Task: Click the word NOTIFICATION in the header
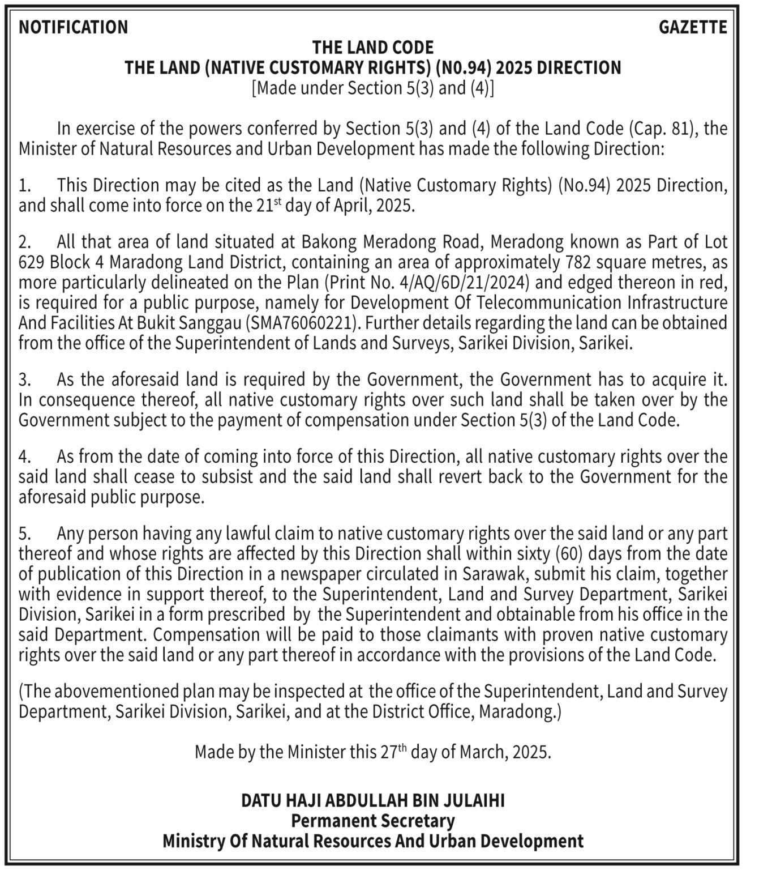pyautogui.click(x=74, y=27)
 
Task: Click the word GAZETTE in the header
pyautogui.click(x=692, y=27)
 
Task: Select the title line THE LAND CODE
pyautogui.click(x=373, y=47)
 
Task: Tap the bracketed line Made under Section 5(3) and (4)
pyautogui.click(x=373, y=88)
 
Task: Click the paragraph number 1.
pyautogui.click(x=24, y=186)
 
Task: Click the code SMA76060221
pyautogui.click(x=303, y=323)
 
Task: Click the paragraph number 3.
pyautogui.click(x=24, y=379)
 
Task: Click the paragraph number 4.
pyautogui.click(x=24, y=457)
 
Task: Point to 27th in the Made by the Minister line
pyautogui.click(x=392, y=752)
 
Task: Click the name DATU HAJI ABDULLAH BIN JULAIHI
pyautogui.click(x=373, y=800)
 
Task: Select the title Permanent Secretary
pyautogui.click(x=373, y=821)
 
